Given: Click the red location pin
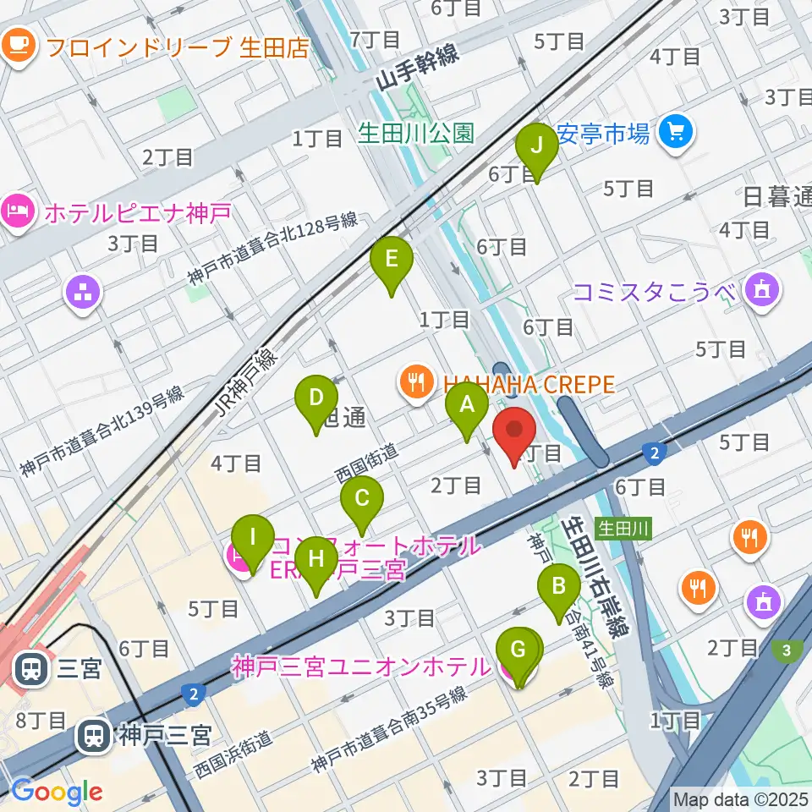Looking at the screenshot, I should pos(514,434).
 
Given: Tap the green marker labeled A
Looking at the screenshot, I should pos(466,409).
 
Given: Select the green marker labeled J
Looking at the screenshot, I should pos(537,150).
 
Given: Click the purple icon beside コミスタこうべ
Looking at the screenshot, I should pos(760,291).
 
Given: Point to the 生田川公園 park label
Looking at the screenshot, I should pos(415,134).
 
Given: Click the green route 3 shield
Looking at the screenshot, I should pos(787,650).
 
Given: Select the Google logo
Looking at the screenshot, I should pos(57,792).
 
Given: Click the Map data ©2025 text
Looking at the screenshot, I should pos(740,798).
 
